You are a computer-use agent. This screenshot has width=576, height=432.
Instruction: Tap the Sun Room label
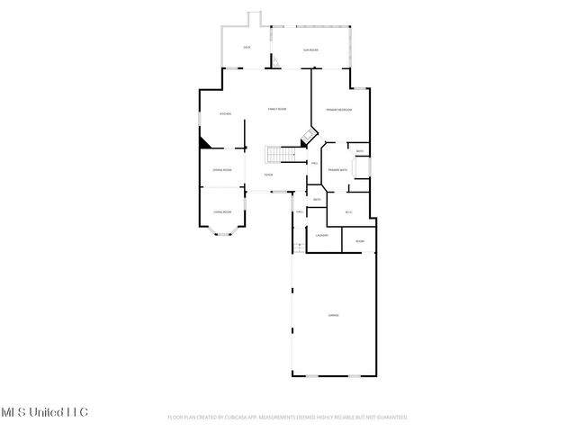[310, 50]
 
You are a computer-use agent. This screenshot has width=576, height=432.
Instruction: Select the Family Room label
[277, 109]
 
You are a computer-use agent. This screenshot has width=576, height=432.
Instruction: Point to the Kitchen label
[227, 114]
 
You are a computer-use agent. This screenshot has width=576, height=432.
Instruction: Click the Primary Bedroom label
[338, 109]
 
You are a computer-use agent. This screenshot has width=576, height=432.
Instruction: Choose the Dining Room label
[222, 170]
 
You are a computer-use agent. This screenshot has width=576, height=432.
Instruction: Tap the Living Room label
[222, 211]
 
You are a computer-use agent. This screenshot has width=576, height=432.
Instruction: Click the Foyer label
[268, 175]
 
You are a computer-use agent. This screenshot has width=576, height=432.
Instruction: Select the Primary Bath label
[337, 170]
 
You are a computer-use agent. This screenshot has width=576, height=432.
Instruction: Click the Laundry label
[321, 236]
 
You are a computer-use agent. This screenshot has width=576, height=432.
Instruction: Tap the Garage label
[333, 314]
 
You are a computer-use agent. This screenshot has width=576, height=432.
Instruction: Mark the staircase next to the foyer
[283, 155]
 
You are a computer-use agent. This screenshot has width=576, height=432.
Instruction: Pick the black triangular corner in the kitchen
[205, 141]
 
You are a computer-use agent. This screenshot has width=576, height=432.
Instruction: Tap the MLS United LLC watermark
[44, 412]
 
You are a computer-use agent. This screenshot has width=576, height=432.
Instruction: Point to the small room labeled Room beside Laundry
[360, 241]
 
